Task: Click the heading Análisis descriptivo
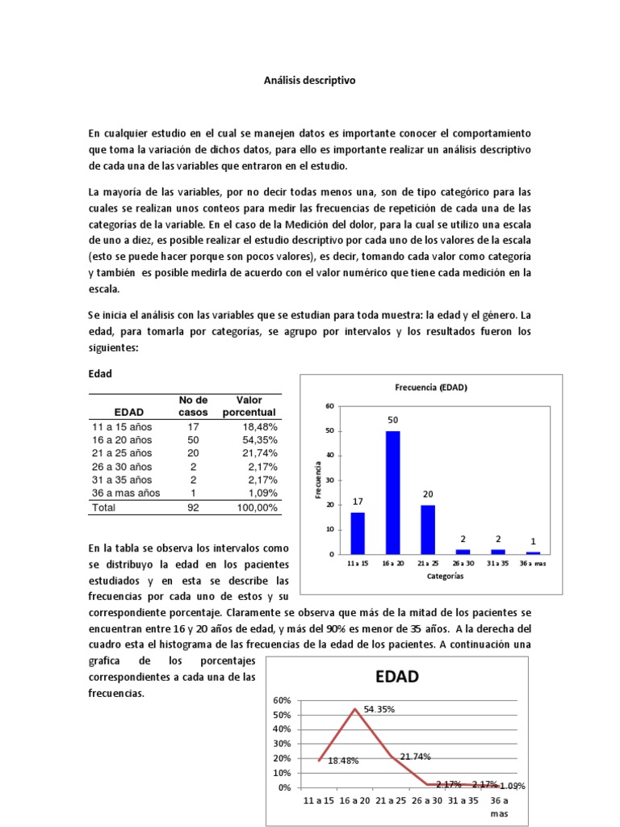309,81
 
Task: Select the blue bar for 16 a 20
392,492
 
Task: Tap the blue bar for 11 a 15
357,533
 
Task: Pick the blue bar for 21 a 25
427,529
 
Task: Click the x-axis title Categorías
445,577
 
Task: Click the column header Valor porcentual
249,406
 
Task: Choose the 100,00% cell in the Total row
256,508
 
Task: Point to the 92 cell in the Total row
193,508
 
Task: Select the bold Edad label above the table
99,375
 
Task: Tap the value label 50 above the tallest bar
392,421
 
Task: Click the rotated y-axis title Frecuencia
319,479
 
